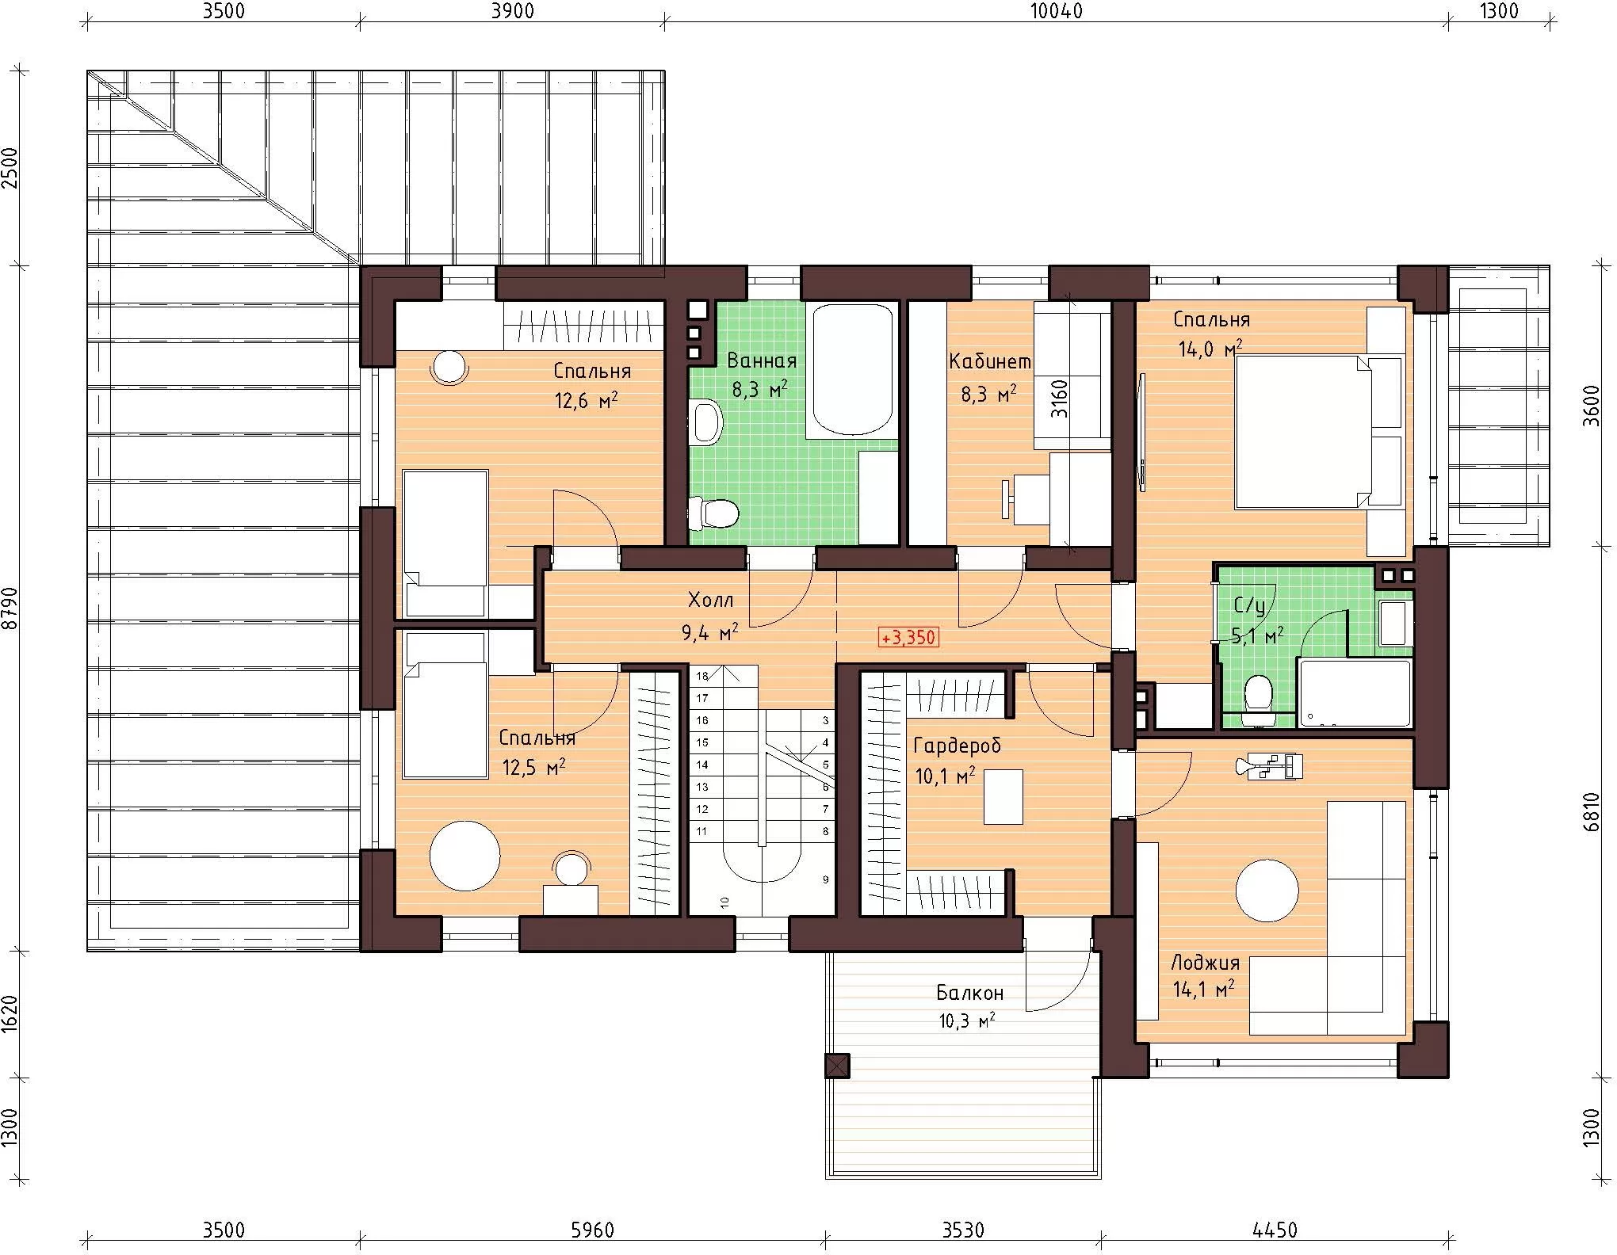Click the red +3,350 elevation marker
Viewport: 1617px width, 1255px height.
point(909,637)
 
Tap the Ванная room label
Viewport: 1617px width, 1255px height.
point(762,361)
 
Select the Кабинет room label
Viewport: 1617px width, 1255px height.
point(990,362)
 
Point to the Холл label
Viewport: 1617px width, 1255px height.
point(710,601)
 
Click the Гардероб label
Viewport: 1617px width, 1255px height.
point(958,746)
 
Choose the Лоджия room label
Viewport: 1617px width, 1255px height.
point(1205,963)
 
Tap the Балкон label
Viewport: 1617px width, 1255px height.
point(969,993)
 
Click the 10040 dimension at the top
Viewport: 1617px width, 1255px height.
point(1056,11)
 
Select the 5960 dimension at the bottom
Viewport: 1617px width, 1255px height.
point(593,1230)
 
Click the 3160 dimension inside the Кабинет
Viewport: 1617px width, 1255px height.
point(1059,399)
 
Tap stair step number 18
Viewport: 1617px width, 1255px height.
point(701,676)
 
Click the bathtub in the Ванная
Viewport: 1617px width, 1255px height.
point(851,370)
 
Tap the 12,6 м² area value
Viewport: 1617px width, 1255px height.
point(587,399)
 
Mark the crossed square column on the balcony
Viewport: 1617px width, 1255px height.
point(837,1066)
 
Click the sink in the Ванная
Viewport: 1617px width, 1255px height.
point(707,422)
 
